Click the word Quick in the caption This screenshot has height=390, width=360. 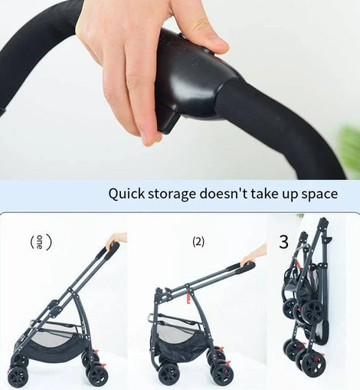click(126, 194)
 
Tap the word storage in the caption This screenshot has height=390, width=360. click(172, 195)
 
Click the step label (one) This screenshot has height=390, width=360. click(41, 242)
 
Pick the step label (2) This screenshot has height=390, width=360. click(198, 242)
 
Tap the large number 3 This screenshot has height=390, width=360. click(283, 242)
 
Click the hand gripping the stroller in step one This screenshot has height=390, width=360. click(116, 239)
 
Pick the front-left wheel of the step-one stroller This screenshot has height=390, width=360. click(18, 376)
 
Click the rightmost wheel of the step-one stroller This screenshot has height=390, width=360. click(98, 373)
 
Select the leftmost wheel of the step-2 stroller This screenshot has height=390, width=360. click(169, 373)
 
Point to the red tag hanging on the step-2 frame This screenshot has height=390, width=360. click(188, 298)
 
